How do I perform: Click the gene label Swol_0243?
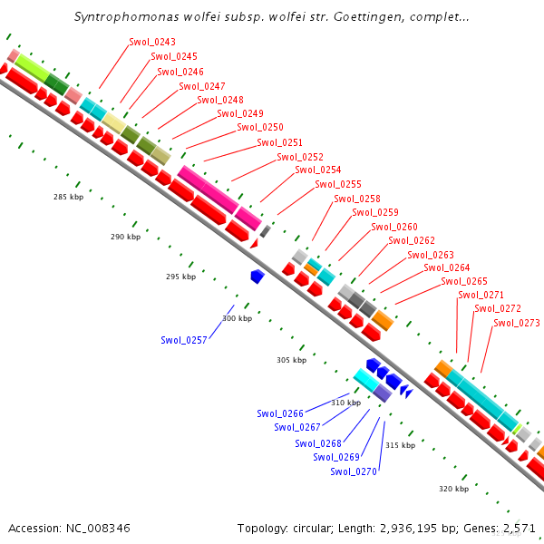[152, 43]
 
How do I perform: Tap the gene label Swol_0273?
[517, 323]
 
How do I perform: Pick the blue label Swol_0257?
[184, 340]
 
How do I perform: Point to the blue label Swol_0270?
[353, 471]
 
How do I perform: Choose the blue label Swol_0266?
[279, 413]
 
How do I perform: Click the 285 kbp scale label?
[68, 197]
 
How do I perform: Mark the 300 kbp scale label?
[237, 318]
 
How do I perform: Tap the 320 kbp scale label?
[453, 489]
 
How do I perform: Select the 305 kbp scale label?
[291, 360]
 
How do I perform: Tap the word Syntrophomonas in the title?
[119, 17]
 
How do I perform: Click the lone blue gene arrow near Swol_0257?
[257, 276]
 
